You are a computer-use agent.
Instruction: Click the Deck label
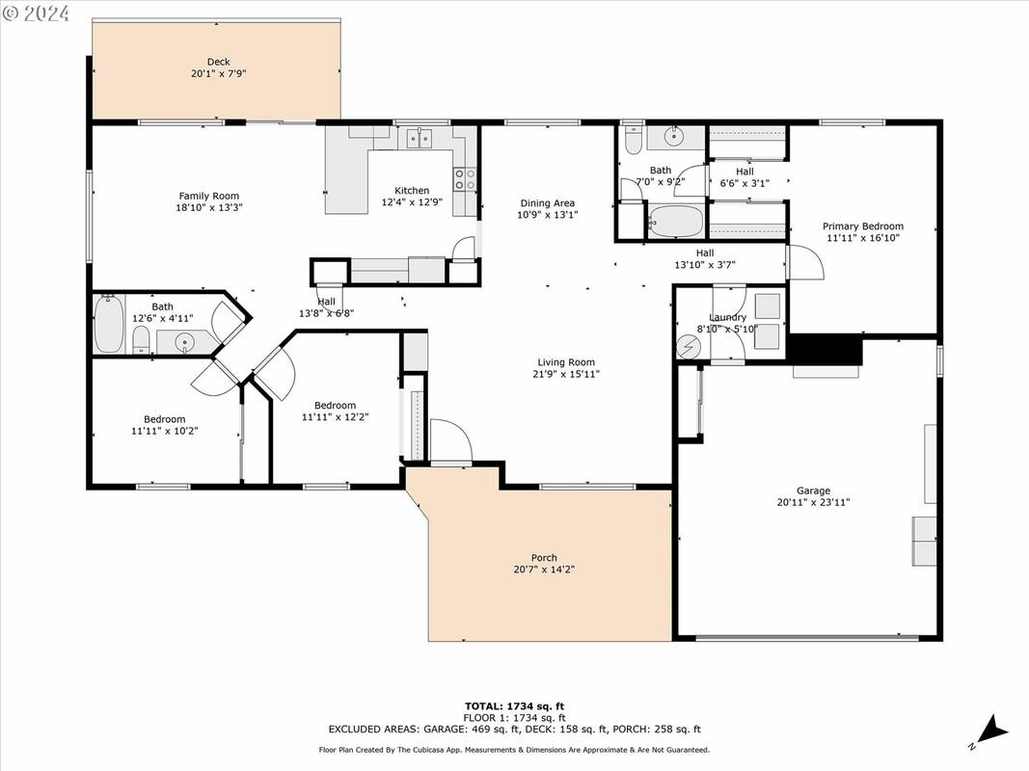219,63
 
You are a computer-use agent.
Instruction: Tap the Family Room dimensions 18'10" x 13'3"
208,208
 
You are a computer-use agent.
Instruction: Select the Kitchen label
412,191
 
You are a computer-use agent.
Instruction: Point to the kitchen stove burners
465,179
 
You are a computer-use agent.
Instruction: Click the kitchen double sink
419,139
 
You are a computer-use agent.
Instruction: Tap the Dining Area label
548,203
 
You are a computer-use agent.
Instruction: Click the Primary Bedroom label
863,226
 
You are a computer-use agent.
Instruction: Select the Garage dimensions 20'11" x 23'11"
813,503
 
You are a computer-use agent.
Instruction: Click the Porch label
544,558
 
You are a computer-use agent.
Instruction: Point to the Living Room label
566,362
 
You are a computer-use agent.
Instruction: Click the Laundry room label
728,317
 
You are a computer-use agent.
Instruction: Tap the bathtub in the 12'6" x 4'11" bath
109,324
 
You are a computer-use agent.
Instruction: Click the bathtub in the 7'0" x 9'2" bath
675,223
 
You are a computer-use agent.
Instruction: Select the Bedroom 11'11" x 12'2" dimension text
335,417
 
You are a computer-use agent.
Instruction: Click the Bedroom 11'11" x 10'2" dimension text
165,432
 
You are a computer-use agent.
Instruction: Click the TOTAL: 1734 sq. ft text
515,706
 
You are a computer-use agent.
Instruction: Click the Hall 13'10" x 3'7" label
705,259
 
